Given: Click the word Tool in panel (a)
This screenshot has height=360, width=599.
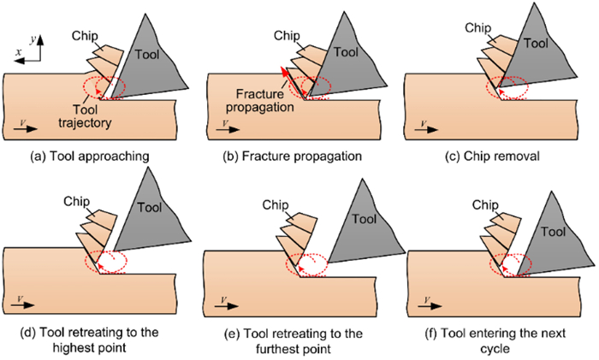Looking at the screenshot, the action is click(x=146, y=55).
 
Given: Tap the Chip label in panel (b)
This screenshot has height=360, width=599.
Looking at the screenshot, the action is click(x=287, y=36).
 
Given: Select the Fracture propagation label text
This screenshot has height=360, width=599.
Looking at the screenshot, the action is click(x=260, y=100).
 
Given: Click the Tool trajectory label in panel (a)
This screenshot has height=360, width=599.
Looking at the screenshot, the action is click(x=85, y=116).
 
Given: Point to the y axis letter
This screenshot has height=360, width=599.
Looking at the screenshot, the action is click(x=33, y=39).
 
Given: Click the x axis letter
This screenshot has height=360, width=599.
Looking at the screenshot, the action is click(x=19, y=52).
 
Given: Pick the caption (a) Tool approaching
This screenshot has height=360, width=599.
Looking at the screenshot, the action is click(x=89, y=156).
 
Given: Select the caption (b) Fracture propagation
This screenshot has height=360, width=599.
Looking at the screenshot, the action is click(x=293, y=156).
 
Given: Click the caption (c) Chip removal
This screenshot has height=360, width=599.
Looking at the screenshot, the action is click(x=492, y=156).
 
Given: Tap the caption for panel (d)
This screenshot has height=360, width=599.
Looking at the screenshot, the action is click(x=89, y=339).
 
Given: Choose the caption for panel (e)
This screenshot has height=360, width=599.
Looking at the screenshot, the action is click(x=294, y=341).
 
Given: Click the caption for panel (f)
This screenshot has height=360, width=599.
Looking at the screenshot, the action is click(x=495, y=340).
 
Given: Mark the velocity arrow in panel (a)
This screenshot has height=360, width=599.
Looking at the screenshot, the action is click(x=25, y=128).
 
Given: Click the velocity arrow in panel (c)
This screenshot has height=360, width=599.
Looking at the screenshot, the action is click(x=426, y=129).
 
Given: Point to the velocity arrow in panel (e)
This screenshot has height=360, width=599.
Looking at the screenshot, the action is click(x=227, y=306).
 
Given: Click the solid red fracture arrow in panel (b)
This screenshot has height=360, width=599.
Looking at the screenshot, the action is click(x=294, y=84).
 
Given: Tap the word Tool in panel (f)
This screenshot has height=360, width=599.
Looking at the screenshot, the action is click(x=553, y=232).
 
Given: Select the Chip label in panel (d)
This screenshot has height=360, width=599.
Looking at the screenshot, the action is click(x=76, y=202).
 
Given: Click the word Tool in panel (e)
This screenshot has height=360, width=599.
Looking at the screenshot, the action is click(x=364, y=219).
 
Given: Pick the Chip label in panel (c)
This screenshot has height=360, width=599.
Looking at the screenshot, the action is click(x=477, y=28).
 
